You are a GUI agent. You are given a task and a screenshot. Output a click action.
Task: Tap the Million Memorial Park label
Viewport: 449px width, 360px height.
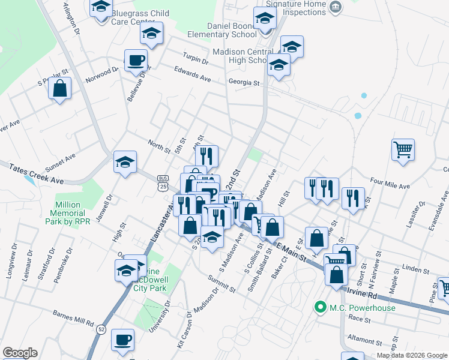coord(76,214)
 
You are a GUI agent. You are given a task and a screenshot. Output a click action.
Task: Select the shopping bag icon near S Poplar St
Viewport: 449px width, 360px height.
coord(60,89)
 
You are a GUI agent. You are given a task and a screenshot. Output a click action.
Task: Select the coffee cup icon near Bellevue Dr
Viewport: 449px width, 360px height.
coord(136,60)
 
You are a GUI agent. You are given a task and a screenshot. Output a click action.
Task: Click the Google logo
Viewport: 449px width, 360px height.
coord(20,353)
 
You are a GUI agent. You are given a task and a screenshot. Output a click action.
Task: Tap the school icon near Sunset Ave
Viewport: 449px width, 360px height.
coord(125,162)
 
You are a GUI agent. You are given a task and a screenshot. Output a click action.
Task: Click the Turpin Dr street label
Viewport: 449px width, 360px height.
coord(196,61)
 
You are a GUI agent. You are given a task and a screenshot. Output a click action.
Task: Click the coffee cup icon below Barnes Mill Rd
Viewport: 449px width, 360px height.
coord(122,340)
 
